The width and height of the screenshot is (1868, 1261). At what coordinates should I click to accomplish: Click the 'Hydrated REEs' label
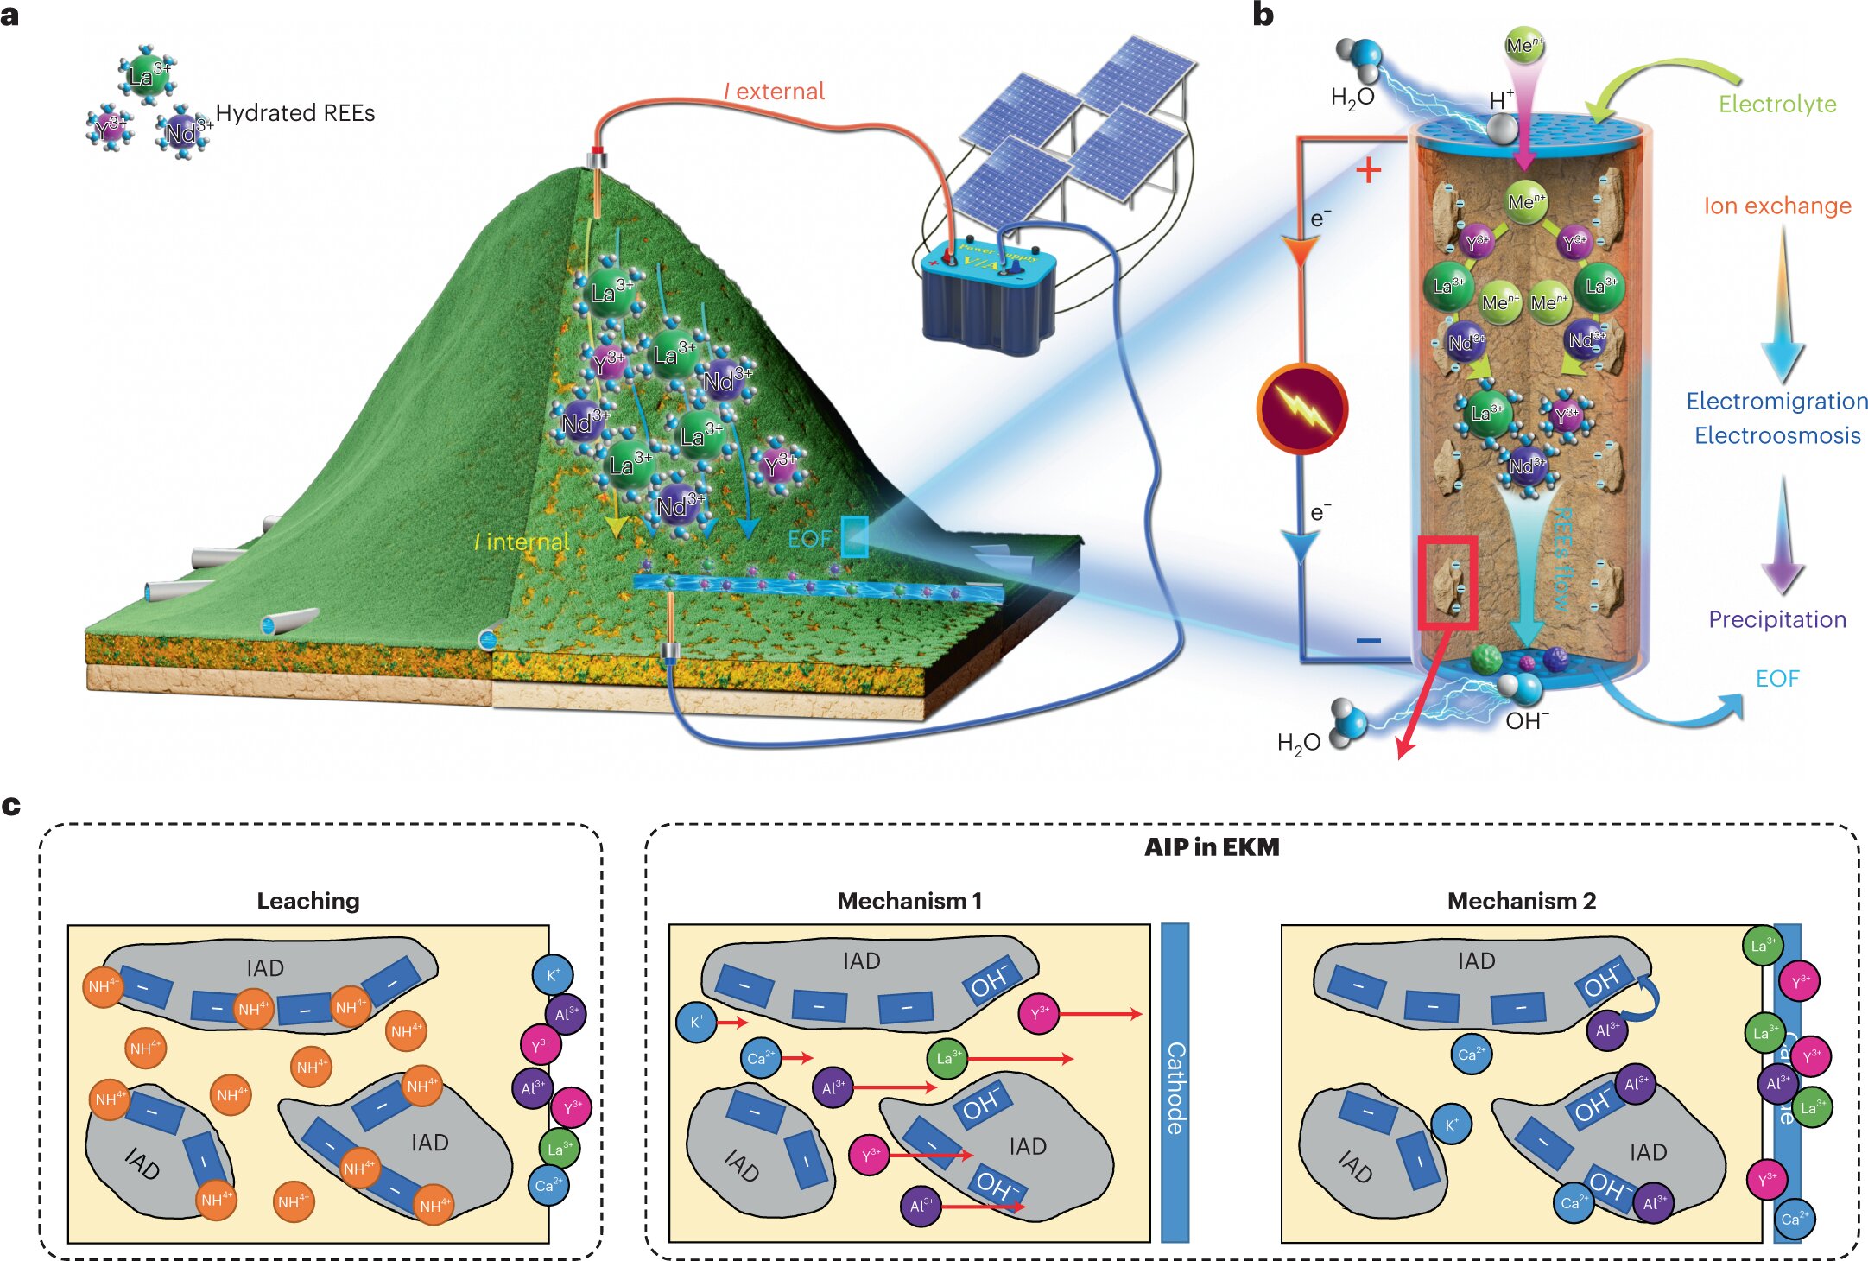pyautogui.click(x=295, y=113)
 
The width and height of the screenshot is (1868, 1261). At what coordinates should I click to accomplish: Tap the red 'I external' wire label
pyautogui.click(x=775, y=92)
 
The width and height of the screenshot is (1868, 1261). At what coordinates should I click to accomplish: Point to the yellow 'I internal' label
pyautogui.click(x=522, y=542)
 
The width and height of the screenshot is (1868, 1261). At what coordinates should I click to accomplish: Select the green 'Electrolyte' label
pyautogui.click(x=1776, y=105)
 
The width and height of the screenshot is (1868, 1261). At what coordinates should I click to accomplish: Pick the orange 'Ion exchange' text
pyautogui.click(x=1777, y=206)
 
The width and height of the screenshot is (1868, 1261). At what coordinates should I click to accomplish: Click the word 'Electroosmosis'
pyautogui.click(x=1777, y=435)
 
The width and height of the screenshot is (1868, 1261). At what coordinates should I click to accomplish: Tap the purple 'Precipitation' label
pyautogui.click(x=1777, y=619)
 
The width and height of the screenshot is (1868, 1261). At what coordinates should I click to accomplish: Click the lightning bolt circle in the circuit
pyautogui.click(x=1301, y=409)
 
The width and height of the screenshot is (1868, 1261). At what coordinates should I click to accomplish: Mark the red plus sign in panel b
pyautogui.click(x=1368, y=171)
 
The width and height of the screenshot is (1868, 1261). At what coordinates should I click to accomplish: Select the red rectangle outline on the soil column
pyautogui.click(x=1447, y=581)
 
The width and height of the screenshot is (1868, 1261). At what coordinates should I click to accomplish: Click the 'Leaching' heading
pyautogui.click(x=308, y=901)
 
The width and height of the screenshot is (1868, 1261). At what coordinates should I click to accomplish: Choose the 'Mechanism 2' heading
pyautogui.click(x=1521, y=901)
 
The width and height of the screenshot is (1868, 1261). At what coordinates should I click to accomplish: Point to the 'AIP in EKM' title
pyautogui.click(x=1212, y=847)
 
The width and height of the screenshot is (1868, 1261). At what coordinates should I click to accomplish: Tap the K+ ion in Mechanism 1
pyautogui.click(x=697, y=1023)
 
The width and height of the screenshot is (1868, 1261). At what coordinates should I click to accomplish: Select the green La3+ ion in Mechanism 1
pyautogui.click(x=947, y=1058)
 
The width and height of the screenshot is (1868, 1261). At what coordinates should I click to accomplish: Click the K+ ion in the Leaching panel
pyautogui.click(x=554, y=975)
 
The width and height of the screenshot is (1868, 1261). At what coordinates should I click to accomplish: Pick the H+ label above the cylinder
pyautogui.click(x=1502, y=101)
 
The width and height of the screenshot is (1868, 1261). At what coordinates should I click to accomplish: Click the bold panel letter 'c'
pyautogui.click(x=11, y=805)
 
